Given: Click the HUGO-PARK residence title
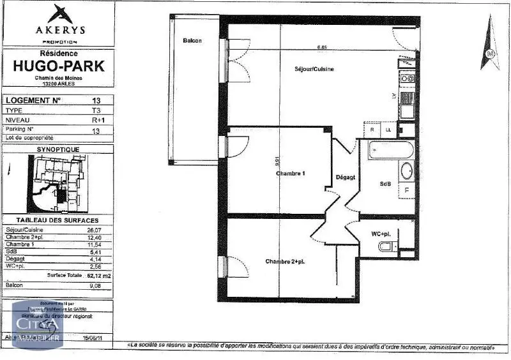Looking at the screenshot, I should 59,65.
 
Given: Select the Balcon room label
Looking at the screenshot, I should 192,40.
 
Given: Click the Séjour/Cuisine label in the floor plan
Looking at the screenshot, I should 314,69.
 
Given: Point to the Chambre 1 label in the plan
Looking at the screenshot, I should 291,174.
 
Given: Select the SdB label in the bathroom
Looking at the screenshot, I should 385,184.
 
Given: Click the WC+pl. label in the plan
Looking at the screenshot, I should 382,234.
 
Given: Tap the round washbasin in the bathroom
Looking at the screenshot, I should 406,171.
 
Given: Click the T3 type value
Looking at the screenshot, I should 96,110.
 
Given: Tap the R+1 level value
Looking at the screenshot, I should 98,119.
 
